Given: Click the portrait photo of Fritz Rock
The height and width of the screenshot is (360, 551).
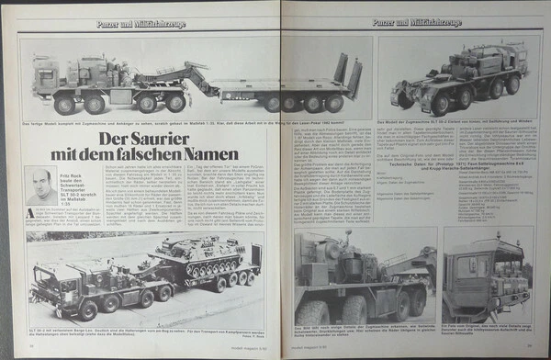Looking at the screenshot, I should pyautogui.click(x=40, y=186).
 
